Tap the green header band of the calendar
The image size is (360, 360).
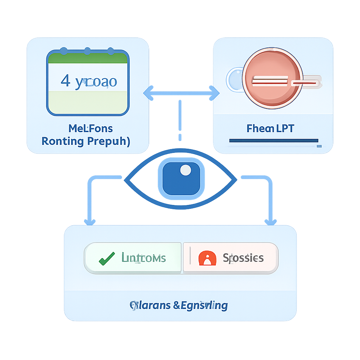click(88, 58)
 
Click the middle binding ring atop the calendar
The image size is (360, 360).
click(87, 51)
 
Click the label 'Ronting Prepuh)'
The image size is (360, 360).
click(86, 141)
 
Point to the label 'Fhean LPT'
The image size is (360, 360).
click(270, 128)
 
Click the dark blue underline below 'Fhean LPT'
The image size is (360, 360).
click(273, 141)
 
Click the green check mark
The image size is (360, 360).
click(107, 258)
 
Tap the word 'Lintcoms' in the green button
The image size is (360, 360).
click(143, 258)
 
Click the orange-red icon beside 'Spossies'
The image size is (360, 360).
click(207, 258)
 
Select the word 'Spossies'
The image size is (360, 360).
click(243, 258)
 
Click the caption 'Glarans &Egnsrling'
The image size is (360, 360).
click(179, 305)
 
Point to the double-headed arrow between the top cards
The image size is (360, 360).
click(181, 93)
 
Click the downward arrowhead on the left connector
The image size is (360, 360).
click(90, 221)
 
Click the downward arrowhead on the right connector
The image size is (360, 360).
click(270, 221)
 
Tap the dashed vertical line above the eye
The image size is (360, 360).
click(180, 120)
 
